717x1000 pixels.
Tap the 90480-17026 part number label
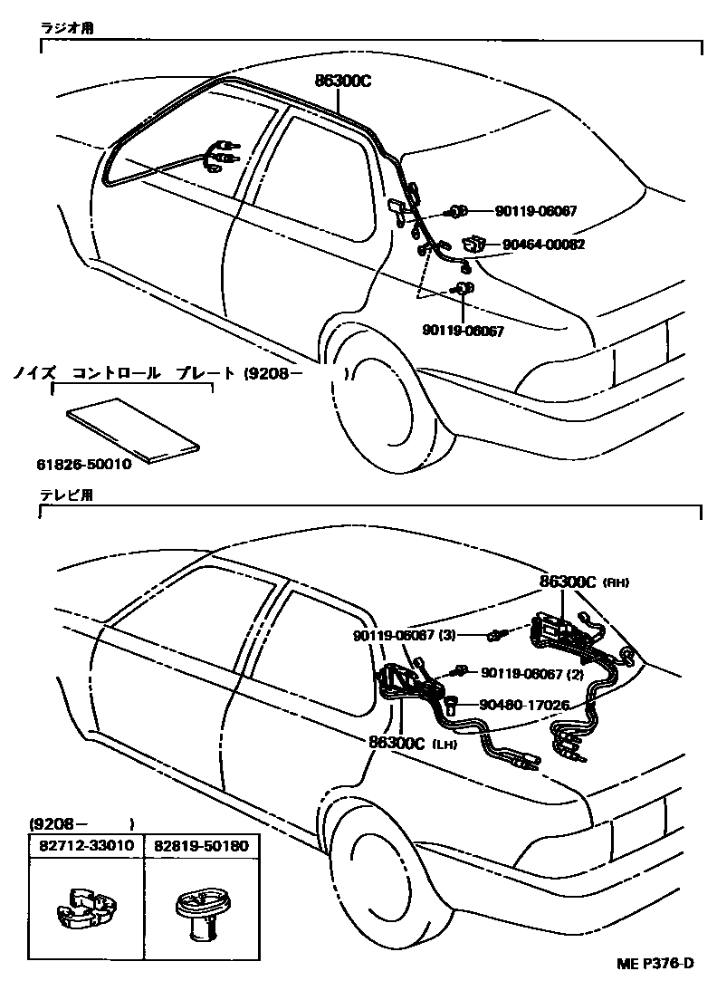(524, 703)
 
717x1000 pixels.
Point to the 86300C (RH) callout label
(584, 582)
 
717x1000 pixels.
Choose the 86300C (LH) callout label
(416, 743)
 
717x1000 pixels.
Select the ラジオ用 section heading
(66, 28)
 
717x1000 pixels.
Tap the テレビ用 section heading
(66, 495)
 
